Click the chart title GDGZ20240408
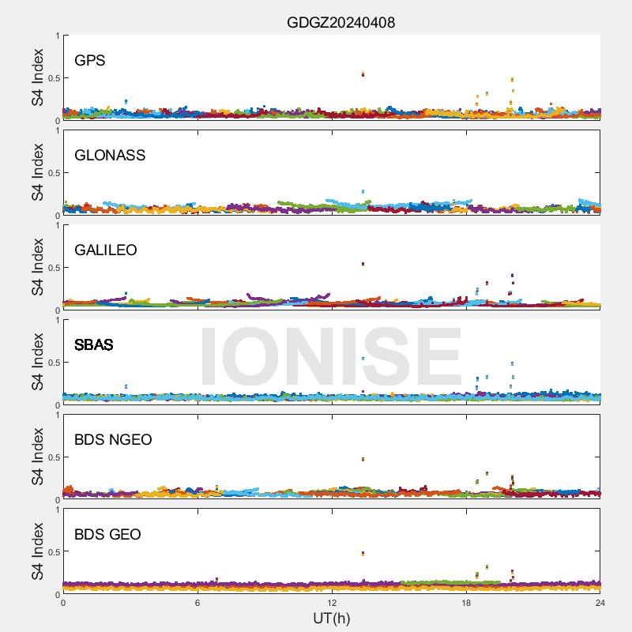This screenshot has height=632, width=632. (x=340, y=23)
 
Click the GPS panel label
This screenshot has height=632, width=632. (x=90, y=61)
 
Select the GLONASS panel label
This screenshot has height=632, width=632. (x=110, y=156)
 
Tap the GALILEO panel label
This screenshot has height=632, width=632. (x=106, y=250)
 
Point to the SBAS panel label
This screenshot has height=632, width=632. (x=94, y=345)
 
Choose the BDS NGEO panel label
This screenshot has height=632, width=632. (x=113, y=440)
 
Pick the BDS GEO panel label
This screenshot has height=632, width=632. (x=107, y=535)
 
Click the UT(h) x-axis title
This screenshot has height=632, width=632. (x=331, y=617)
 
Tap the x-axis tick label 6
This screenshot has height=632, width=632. (x=197, y=603)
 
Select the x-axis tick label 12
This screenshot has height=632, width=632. (x=332, y=603)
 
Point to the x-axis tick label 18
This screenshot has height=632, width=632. (x=466, y=603)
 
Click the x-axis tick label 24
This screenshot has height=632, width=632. (x=600, y=603)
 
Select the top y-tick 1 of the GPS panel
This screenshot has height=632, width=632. (x=56, y=36)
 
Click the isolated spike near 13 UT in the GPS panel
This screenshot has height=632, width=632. (x=363, y=74)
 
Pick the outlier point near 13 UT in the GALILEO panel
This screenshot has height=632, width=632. (x=363, y=264)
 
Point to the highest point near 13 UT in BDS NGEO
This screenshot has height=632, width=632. (x=363, y=459)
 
